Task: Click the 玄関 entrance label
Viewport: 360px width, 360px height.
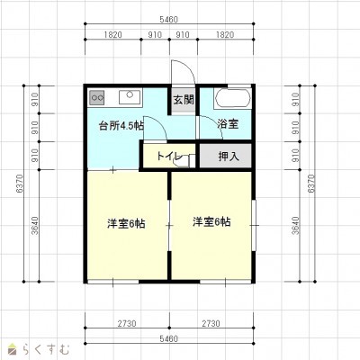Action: click(184, 100)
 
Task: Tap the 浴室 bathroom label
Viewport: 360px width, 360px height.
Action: click(228, 123)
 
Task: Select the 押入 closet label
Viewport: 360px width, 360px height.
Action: click(229, 156)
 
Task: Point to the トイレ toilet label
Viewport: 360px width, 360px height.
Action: click(169, 156)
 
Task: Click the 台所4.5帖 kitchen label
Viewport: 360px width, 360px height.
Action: click(121, 126)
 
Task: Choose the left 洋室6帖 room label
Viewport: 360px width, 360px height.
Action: click(126, 223)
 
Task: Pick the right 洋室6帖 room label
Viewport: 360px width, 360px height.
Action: click(211, 221)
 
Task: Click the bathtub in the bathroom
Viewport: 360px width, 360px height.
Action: click(232, 98)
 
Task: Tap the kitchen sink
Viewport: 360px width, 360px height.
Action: click(130, 97)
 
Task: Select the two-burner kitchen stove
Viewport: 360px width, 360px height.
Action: click(96, 97)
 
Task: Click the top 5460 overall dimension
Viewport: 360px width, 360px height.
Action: click(169, 20)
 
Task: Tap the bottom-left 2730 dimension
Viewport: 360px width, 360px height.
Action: click(127, 324)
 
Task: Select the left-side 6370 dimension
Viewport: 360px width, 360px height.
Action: click(19, 184)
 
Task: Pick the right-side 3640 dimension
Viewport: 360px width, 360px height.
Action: click(295, 225)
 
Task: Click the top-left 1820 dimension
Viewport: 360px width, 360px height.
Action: click(113, 35)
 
